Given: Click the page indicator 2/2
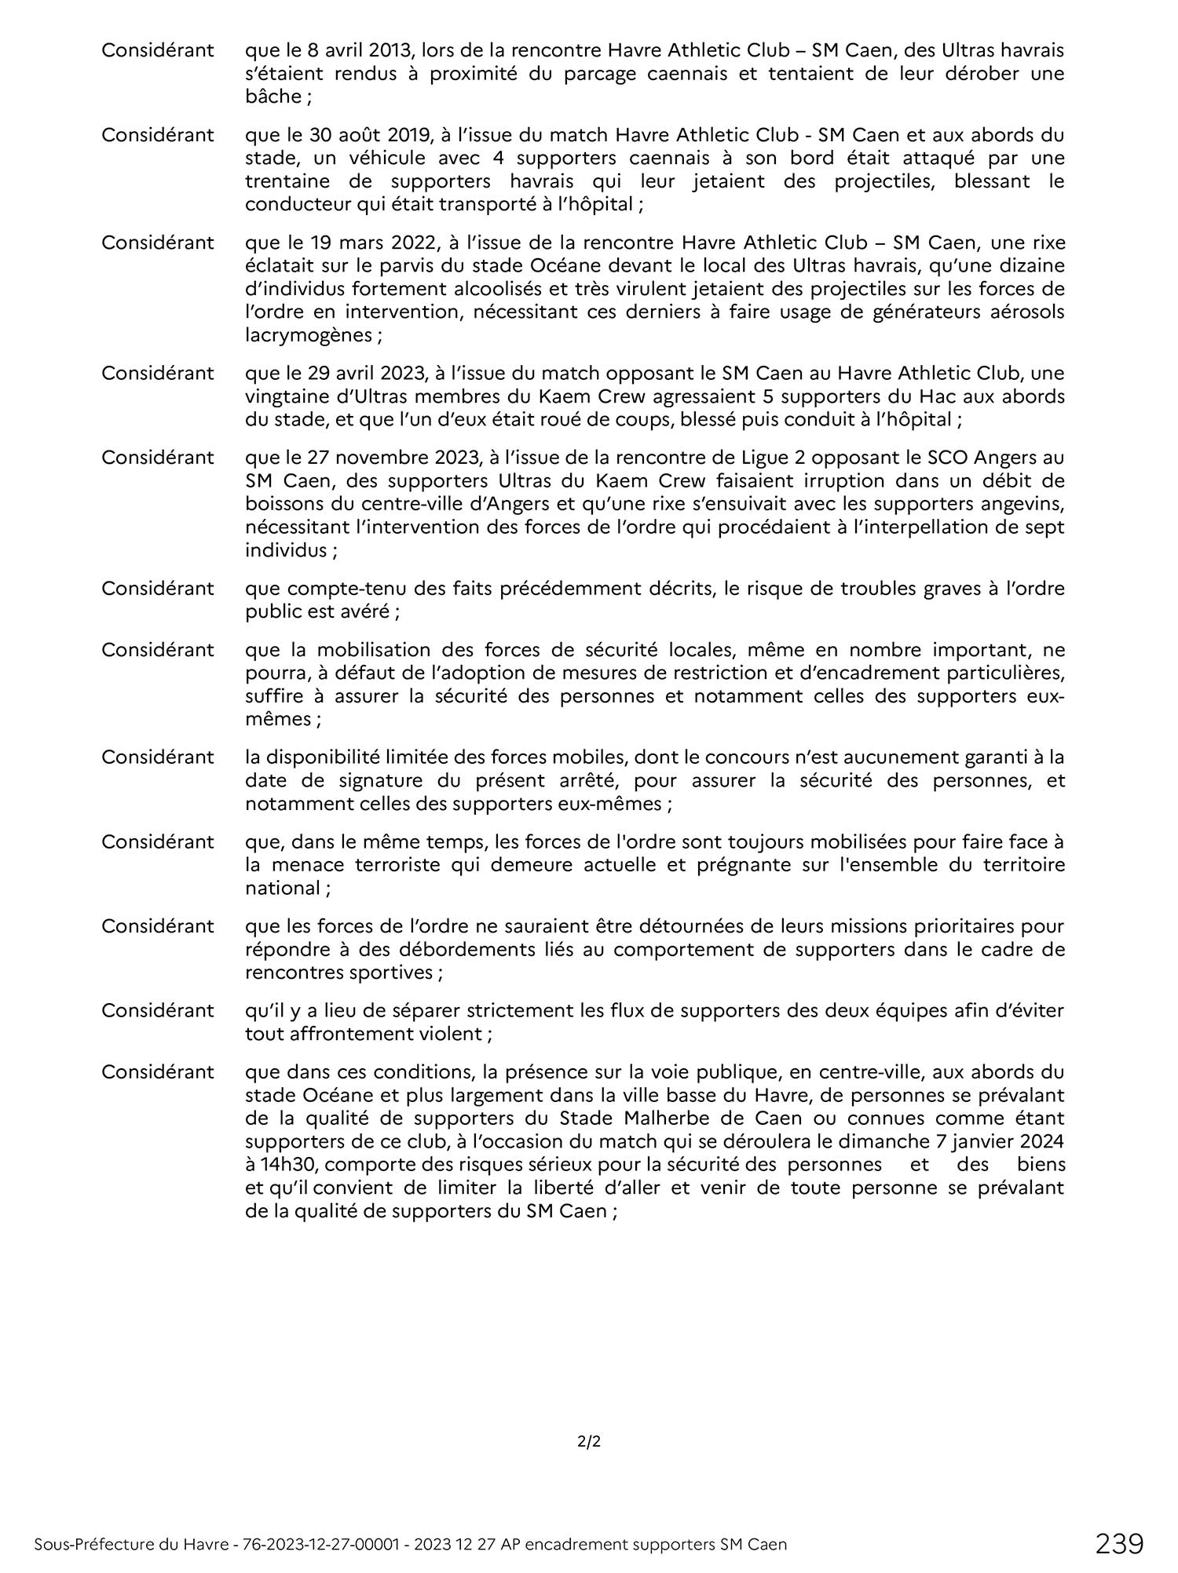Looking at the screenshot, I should (x=588, y=1441).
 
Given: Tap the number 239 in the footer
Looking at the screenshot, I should (x=1120, y=1543).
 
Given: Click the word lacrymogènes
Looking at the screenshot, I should (x=309, y=334).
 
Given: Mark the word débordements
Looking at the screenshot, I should (x=450, y=950).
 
